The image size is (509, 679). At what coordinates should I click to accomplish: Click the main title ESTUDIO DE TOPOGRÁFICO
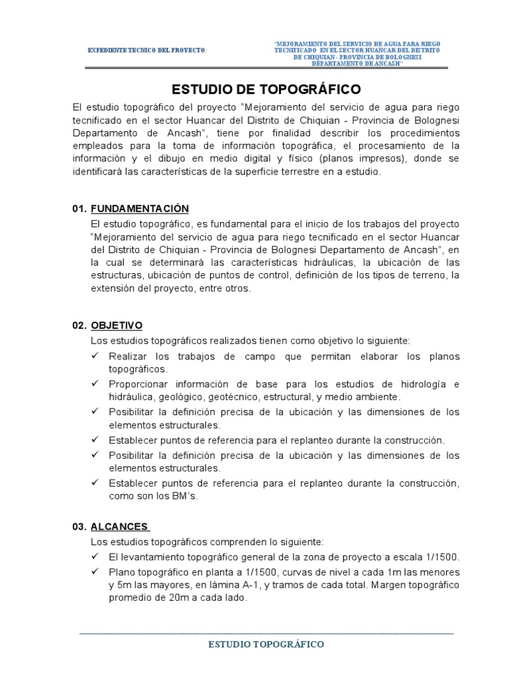click(x=266, y=88)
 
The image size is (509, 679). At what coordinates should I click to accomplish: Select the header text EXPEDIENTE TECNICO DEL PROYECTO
click(x=147, y=50)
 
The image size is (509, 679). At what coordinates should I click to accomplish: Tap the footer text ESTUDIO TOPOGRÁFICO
click(x=266, y=644)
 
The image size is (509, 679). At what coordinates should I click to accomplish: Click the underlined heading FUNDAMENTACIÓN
click(x=139, y=208)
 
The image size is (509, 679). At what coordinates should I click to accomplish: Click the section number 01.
click(x=80, y=208)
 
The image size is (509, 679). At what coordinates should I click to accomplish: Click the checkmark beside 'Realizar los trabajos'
click(x=97, y=356)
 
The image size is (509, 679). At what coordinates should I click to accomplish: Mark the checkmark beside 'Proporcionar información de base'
click(x=97, y=385)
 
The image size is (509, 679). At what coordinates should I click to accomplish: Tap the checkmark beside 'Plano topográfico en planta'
click(x=97, y=572)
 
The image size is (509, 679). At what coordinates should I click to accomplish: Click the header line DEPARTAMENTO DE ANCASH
click(x=358, y=63)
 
